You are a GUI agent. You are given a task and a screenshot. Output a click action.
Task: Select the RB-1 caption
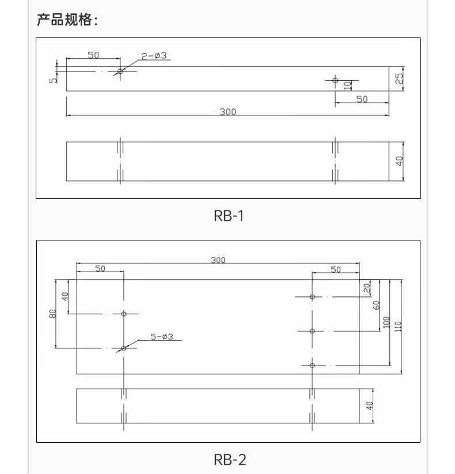229,216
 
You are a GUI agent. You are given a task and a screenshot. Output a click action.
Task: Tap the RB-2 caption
229,459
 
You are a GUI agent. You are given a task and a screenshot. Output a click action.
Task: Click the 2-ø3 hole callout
154,56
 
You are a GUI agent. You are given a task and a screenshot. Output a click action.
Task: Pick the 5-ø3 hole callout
162,337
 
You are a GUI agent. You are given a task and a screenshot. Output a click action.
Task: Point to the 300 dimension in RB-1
227,112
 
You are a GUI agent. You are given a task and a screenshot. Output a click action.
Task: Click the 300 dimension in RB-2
218,260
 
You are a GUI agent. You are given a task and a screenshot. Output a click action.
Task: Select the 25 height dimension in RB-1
399,79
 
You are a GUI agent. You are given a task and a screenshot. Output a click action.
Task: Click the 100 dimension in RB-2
386,323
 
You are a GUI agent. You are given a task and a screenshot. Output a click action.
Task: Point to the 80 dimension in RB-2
53,314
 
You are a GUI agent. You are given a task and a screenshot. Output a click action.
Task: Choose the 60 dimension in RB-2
377,306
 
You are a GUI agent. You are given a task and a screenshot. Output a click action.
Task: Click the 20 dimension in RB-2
367,288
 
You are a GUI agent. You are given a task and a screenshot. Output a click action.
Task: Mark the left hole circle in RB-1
120,72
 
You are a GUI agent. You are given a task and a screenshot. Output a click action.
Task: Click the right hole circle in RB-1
335,80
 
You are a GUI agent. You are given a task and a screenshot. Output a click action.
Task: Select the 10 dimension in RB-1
347,85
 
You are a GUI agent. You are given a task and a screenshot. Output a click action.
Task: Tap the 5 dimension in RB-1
52,80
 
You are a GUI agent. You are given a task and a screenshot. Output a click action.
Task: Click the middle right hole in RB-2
312,331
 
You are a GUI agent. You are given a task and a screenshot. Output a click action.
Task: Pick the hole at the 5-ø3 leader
124,348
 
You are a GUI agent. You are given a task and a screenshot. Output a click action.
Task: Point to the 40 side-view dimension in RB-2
370,406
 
